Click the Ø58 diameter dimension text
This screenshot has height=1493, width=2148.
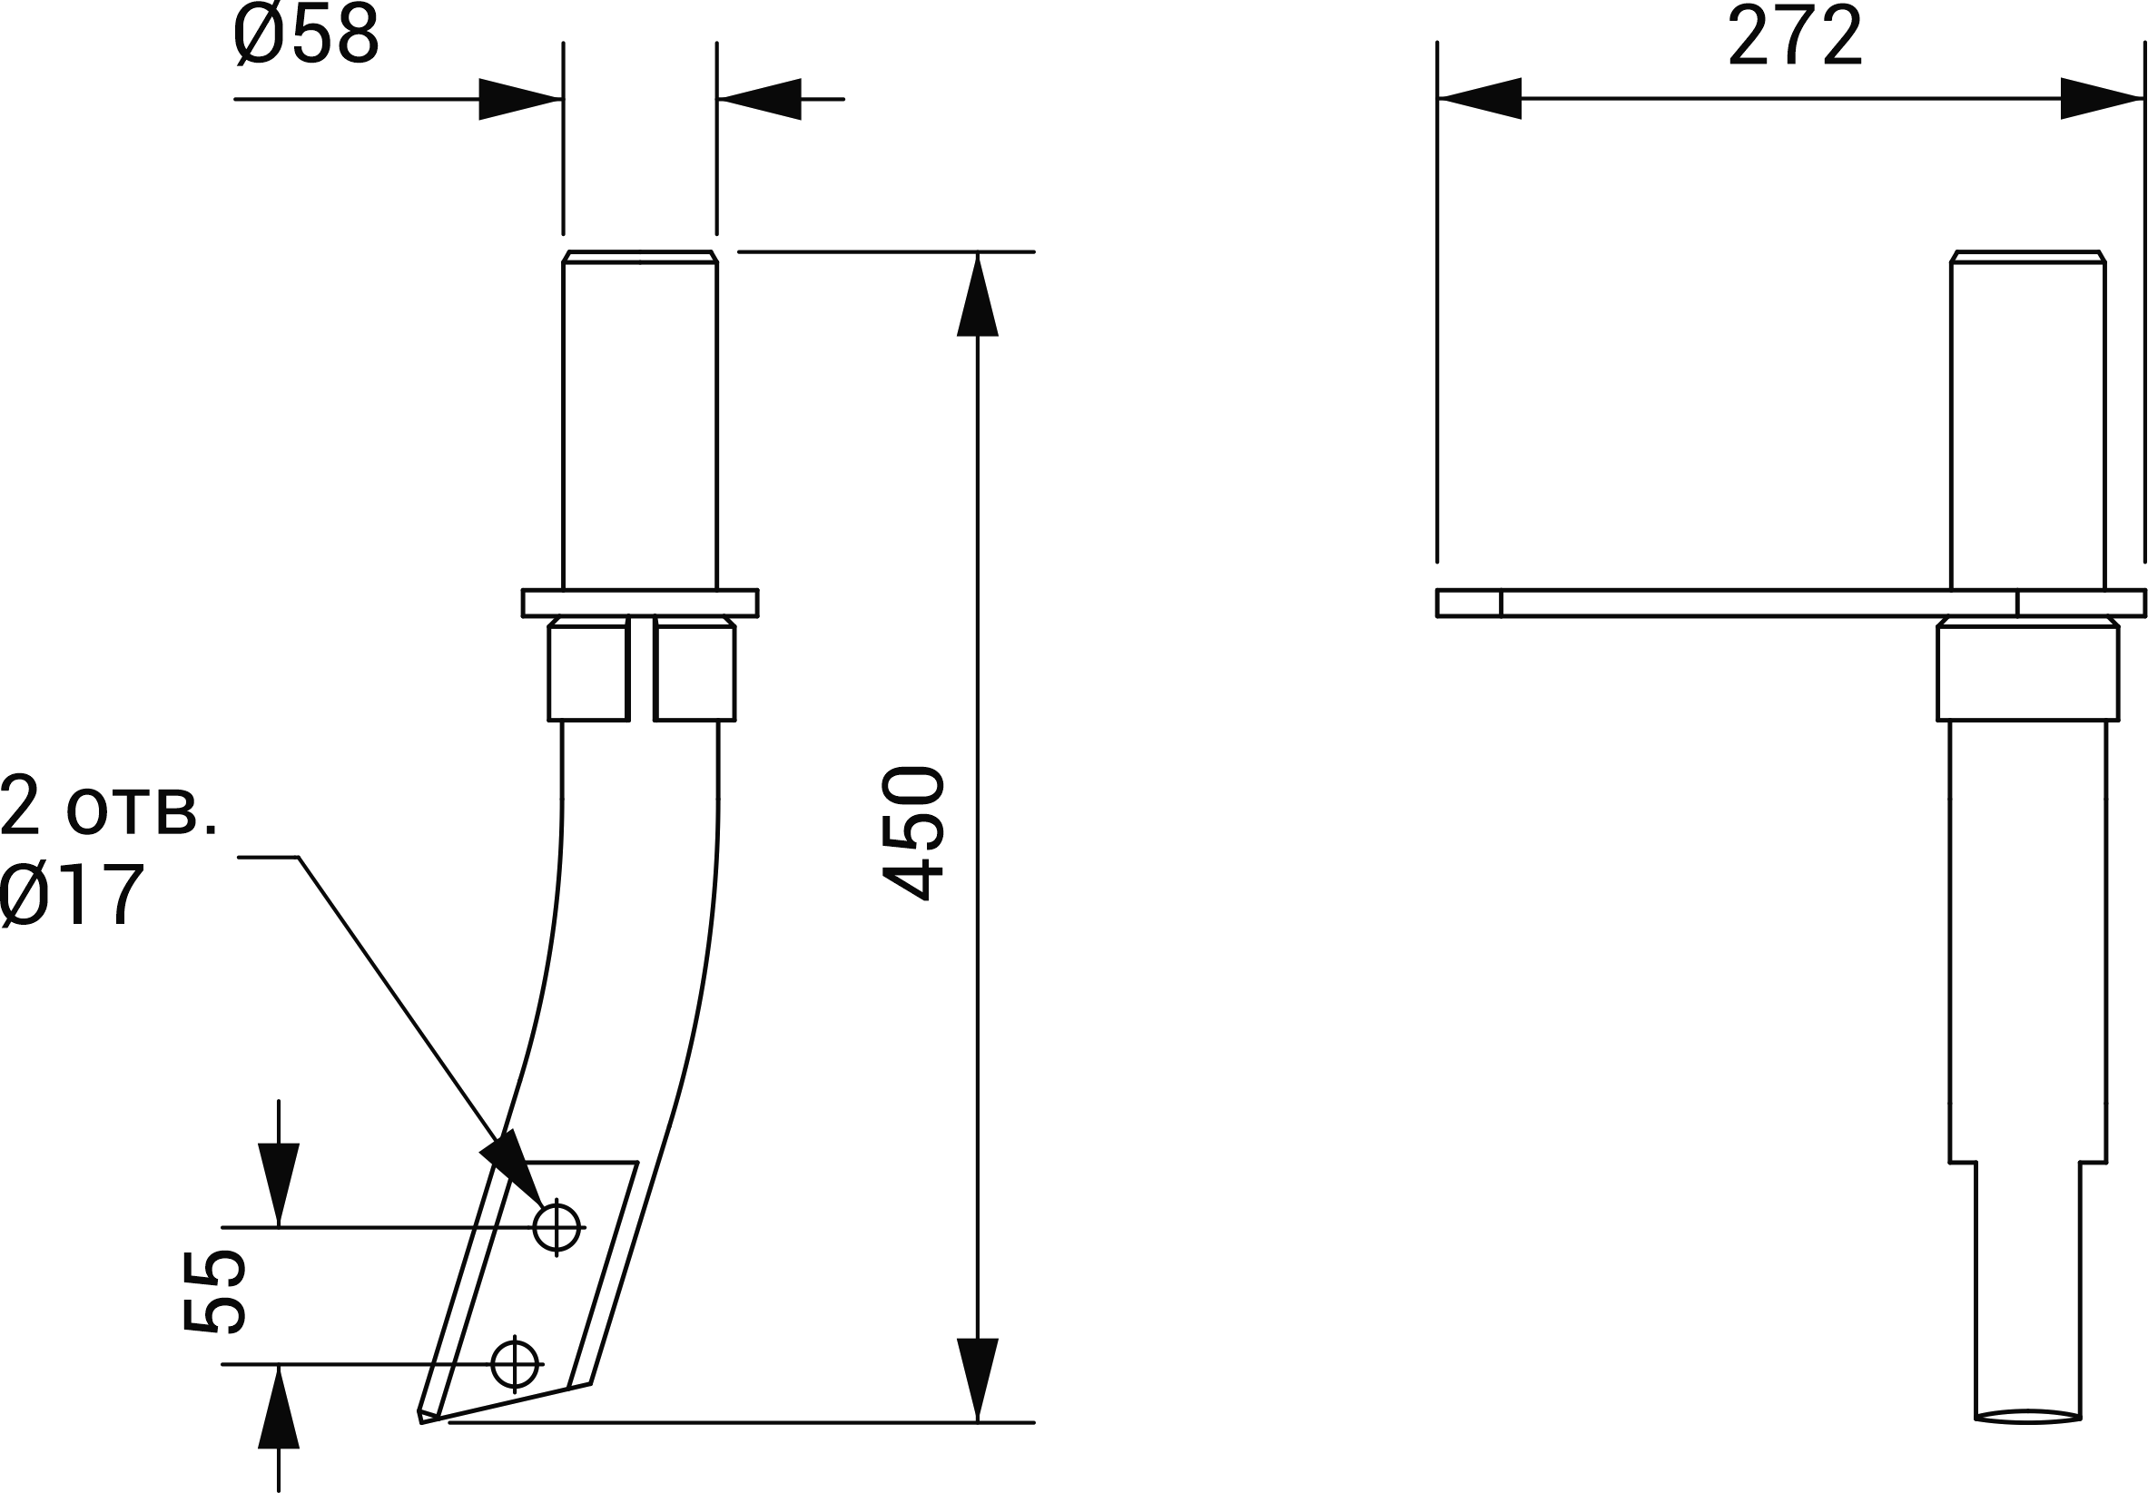pyautogui.click(x=306, y=35)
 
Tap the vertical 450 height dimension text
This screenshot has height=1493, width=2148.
pyautogui.click(x=913, y=832)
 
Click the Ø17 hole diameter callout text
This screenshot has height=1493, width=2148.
pyautogui.click(x=72, y=895)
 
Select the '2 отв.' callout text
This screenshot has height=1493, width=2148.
pyautogui.click(x=109, y=809)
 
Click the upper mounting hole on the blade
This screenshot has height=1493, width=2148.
pyautogui.click(x=557, y=1227)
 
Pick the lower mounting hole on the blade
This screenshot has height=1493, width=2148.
pyautogui.click(x=515, y=1364)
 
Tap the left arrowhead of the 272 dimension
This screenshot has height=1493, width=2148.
pyautogui.click(x=1479, y=98)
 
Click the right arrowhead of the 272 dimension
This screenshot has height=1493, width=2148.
pyautogui.click(x=2101, y=98)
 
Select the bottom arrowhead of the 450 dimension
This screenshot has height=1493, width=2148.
pyautogui.click(x=978, y=1380)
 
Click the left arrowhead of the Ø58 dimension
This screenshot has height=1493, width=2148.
pyautogui.click(x=520, y=99)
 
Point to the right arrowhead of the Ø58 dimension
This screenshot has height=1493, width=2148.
pyautogui.click(x=760, y=99)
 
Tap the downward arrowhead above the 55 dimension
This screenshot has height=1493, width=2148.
pyautogui.click(x=279, y=1184)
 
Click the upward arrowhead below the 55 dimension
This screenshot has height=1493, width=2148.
pyautogui.click(x=279, y=1407)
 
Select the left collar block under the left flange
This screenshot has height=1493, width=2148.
pyautogui.click(x=588, y=669)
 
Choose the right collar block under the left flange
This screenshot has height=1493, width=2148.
pyautogui.click(x=695, y=669)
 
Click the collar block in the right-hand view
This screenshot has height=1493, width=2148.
pyautogui.click(x=2027, y=669)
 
